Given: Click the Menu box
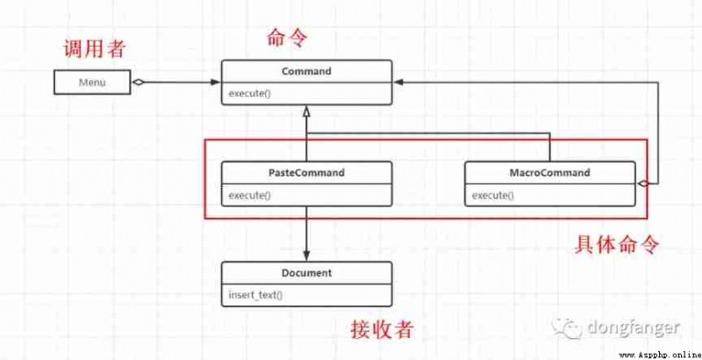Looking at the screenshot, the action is click(x=92, y=82).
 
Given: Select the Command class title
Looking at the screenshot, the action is click(x=306, y=71).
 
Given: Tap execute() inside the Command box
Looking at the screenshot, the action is click(x=250, y=94).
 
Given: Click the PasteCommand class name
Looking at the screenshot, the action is click(x=306, y=172).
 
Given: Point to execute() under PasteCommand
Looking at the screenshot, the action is click(x=250, y=195).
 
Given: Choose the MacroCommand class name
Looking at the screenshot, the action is click(x=550, y=172).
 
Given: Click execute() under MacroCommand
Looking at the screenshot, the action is click(x=493, y=195).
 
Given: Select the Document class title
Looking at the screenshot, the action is click(x=306, y=273).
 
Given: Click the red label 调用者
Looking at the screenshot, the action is click(x=94, y=48).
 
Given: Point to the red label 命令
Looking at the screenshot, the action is click(x=287, y=38).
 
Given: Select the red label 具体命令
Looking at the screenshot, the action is click(x=617, y=244).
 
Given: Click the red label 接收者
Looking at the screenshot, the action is click(x=382, y=330).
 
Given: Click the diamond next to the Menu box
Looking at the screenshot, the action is click(x=138, y=82).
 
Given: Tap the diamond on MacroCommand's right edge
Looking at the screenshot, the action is click(x=642, y=184).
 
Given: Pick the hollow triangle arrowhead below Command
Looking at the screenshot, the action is click(x=306, y=111).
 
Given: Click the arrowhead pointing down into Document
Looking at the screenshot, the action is click(x=306, y=256).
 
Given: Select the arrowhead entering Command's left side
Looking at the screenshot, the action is click(x=216, y=82).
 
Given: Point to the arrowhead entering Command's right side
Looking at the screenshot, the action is click(x=398, y=82).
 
